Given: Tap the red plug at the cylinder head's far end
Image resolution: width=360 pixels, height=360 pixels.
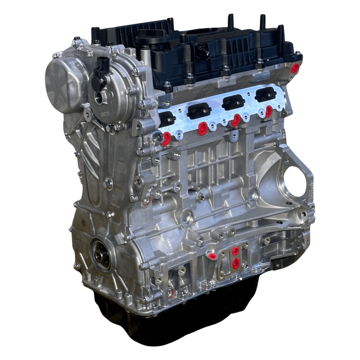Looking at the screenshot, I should point(295,68).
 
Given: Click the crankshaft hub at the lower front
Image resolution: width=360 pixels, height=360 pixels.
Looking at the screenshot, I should point(101,255).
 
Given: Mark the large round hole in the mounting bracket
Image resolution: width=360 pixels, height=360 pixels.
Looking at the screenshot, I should point(295,182).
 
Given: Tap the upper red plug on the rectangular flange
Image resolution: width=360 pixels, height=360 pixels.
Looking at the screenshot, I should point(236,251).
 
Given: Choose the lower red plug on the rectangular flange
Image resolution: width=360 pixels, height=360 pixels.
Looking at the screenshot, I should point(235,264).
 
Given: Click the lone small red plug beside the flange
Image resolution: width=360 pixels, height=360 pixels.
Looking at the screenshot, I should point(212,256).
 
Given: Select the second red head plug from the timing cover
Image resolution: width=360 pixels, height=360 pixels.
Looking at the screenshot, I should point(203,128).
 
